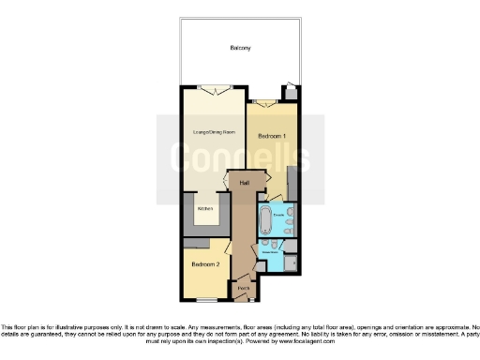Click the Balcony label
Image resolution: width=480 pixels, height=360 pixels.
tap(240, 47)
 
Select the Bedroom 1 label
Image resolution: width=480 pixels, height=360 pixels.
tap(272, 137)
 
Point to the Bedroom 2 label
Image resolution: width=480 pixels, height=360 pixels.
tap(205, 263)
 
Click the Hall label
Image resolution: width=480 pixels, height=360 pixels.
tap(245, 183)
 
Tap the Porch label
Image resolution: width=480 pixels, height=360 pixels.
tap(243, 287)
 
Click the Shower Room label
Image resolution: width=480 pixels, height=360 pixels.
tap(271, 252)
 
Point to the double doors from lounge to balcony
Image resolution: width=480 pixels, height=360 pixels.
tap(217, 90)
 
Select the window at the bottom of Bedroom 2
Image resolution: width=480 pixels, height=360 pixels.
tap(205, 299)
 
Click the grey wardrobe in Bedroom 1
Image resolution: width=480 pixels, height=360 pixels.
tap(293, 182)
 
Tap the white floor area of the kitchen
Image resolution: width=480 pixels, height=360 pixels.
tap(206, 214)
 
